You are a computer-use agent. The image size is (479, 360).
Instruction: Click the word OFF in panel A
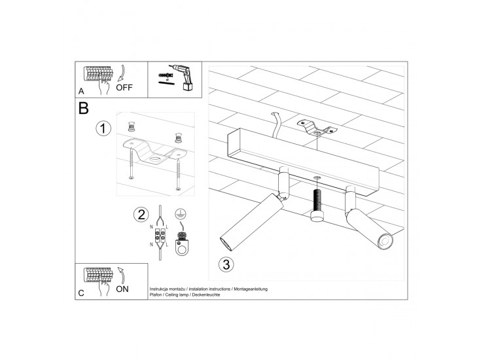[124, 88]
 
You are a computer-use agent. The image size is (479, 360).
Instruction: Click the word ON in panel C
[122, 289]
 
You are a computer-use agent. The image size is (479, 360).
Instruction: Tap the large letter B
[83, 108]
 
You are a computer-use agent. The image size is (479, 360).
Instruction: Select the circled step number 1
[103, 128]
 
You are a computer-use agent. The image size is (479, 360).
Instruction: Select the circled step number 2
[141, 215]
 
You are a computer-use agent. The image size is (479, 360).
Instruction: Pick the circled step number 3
[226, 264]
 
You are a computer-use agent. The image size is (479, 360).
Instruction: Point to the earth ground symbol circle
[181, 214]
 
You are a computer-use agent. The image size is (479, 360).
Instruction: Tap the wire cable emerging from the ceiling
[276, 124]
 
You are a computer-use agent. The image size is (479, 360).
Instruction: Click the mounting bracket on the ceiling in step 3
[317, 128]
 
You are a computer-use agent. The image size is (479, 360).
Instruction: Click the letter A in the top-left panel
[81, 91]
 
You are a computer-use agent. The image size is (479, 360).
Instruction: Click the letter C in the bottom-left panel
[81, 293]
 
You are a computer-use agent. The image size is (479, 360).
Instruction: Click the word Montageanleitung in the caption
[251, 289]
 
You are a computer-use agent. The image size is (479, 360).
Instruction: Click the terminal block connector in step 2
[160, 236]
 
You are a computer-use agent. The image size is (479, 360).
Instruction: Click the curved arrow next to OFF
[122, 74]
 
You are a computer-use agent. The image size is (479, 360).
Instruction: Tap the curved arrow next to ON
[122, 276]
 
